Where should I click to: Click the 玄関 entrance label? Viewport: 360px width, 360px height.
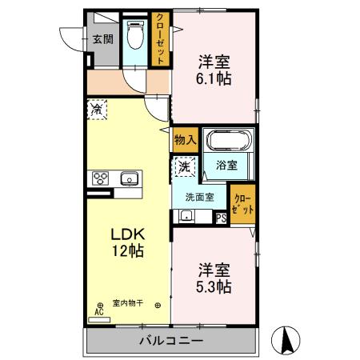pos(102,38)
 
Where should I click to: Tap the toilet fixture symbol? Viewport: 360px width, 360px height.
pos(137,36)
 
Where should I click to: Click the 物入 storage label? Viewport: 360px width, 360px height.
pos(184,140)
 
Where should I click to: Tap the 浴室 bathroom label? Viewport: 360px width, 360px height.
pos(226,166)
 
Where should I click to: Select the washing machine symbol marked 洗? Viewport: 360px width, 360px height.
pos(183,167)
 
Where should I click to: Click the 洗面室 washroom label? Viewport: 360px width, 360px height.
pos(199,197)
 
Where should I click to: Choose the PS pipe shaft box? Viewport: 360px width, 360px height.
pos(222,216)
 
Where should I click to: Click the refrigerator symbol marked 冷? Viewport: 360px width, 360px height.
pos(98,108)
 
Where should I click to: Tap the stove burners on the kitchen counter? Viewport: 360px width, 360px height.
pos(102,178)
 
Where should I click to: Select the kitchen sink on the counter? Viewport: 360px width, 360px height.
pos(128,178)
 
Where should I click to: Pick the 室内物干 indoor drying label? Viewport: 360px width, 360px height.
pos(127,302)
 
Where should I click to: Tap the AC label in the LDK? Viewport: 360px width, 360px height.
pos(99,312)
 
